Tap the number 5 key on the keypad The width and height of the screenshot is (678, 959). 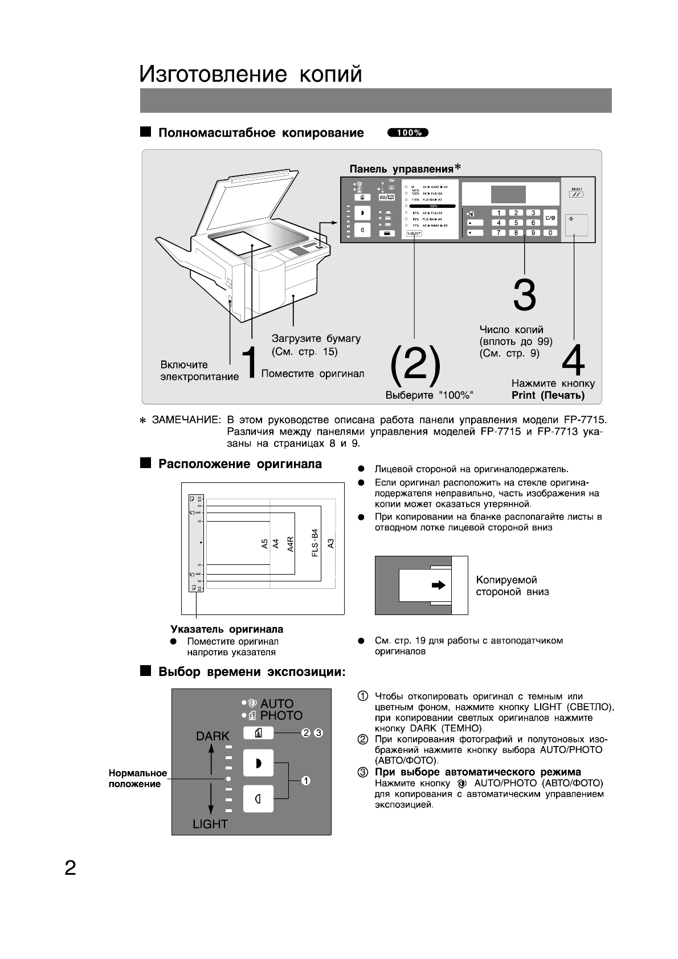516,223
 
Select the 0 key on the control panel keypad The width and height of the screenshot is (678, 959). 550,232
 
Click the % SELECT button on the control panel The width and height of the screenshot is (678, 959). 413,233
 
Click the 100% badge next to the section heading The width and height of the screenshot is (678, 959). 407,133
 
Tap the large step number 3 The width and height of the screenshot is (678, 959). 524,295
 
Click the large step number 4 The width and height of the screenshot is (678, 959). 573,360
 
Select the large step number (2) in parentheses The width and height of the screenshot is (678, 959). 415,365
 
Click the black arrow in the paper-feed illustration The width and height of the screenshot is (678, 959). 438,585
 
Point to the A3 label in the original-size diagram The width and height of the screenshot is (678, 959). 331,543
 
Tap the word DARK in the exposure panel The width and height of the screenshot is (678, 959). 213,736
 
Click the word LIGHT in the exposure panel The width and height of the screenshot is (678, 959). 210,823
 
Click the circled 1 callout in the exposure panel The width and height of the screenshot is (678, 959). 306,780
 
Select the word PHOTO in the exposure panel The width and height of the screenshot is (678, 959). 281,715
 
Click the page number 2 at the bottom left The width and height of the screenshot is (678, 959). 70,868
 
